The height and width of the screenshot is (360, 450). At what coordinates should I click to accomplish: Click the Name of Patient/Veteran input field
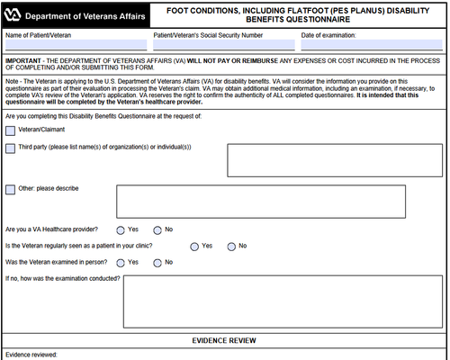tap(76, 45)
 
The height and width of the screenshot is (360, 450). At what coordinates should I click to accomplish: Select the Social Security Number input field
tap(221, 45)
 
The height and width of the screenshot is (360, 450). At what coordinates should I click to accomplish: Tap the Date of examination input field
tap(371, 45)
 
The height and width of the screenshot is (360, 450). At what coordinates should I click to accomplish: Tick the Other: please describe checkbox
tap(10, 189)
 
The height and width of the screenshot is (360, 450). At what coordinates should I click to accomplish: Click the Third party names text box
tap(335, 159)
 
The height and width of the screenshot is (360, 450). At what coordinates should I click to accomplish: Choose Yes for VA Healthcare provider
tap(120, 229)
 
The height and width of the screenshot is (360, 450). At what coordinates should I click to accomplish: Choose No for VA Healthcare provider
tap(157, 229)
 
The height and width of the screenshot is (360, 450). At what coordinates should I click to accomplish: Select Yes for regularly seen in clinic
tap(194, 246)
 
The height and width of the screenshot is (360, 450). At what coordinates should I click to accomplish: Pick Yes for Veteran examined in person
tap(120, 262)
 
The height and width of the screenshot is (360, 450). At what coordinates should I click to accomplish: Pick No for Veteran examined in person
tap(157, 262)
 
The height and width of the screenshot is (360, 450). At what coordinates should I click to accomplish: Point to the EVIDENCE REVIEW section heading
tap(225, 340)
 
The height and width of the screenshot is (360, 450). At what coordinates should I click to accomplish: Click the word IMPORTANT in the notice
tap(24, 60)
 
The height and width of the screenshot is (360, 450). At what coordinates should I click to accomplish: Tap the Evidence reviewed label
tap(31, 355)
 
